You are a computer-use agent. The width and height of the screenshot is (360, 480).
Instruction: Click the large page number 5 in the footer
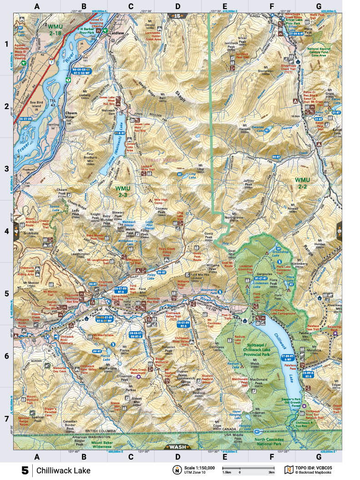coord(25,470)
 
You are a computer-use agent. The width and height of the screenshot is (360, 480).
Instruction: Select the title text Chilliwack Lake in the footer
coord(64,470)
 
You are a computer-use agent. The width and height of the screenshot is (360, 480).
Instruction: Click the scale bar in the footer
coord(248,468)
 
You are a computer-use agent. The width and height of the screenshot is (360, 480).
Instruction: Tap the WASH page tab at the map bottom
coord(177,447)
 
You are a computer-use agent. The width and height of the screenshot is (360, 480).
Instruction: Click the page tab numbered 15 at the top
coord(177,16)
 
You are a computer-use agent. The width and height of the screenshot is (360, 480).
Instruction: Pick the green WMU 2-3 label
coord(124,191)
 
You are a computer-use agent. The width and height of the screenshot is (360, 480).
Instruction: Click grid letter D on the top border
coord(177,7)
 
